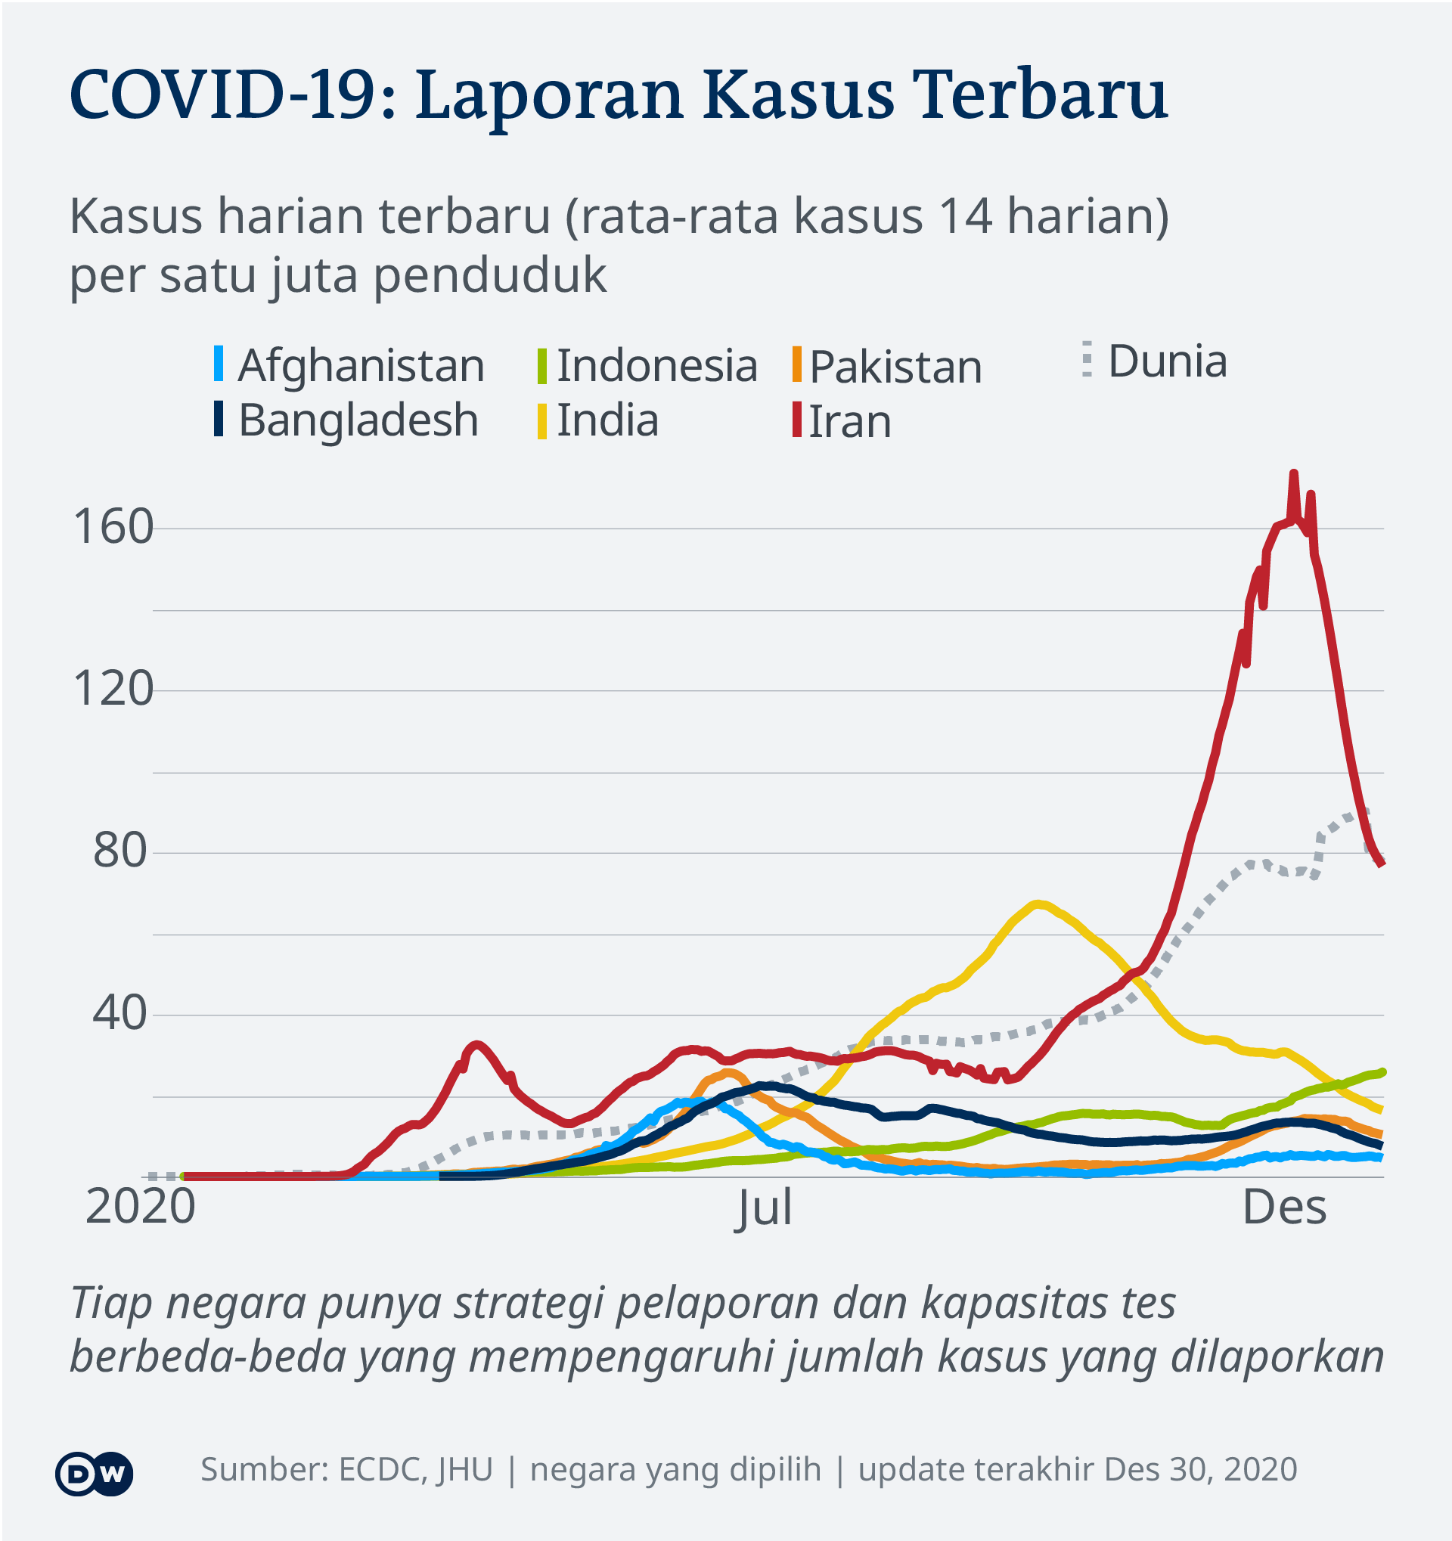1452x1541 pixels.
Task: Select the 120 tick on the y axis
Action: click(113, 689)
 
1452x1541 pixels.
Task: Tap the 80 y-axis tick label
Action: click(120, 851)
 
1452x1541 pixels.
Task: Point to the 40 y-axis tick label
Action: click(120, 1013)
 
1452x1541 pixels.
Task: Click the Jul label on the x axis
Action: click(765, 1208)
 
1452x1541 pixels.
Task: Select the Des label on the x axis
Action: click(1285, 1208)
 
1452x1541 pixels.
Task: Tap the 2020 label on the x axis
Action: click(141, 1207)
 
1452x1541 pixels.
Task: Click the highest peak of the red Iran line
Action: click(1294, 473)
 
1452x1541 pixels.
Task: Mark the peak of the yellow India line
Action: click(1038, 904)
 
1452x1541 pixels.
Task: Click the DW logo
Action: click(94, 1473)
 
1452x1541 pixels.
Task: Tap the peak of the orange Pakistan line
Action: click(728, 1073)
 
